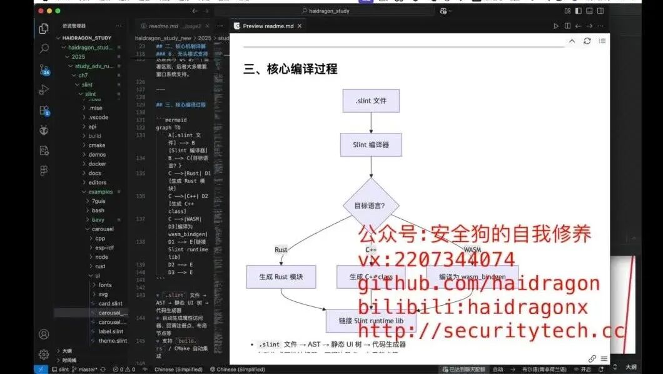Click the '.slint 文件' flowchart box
point(371,100)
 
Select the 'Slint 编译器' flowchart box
point(371,145)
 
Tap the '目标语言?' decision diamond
point(371,205)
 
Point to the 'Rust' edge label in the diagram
point(281,250)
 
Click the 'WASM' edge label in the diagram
point(472,250)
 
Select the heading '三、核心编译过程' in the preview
point(290,69)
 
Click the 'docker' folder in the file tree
point(97,164)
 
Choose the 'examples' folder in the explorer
point(100,192)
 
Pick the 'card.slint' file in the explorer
point(110,304)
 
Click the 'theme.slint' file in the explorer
point(113,341)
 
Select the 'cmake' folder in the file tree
point(96,145)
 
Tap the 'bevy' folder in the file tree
point(98,220)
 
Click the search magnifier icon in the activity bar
point(44,48)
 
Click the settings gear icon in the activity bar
point(44,355)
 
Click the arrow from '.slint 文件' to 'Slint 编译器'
point(371,123)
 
